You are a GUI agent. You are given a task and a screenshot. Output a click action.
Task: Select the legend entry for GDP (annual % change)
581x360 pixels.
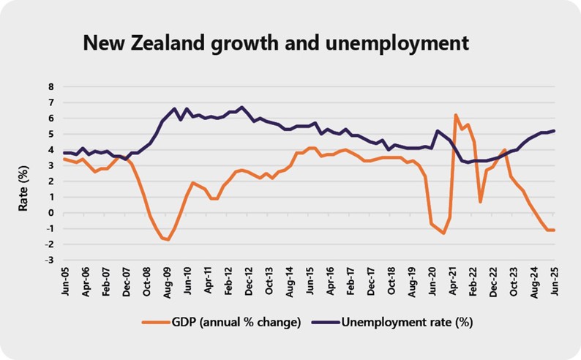233,321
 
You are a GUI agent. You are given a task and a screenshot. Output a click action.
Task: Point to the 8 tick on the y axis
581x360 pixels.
50,86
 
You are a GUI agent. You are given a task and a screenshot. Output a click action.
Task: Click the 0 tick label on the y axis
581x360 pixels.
50,213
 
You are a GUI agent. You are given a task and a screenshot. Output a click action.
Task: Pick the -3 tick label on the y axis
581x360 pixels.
49,260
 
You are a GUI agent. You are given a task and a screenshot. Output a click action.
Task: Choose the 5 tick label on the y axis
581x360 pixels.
50,134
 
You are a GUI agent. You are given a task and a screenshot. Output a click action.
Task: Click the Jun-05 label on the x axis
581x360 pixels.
67,281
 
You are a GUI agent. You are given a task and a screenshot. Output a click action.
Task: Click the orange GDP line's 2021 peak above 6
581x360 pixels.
456,115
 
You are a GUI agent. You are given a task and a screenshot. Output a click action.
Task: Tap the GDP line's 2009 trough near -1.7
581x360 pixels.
168,239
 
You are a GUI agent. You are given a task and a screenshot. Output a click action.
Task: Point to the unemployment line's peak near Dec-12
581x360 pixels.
243,107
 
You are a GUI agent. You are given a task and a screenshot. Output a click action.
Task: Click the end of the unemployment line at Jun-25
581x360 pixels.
552,131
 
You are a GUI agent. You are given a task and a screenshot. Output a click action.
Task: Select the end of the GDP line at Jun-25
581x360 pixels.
552,230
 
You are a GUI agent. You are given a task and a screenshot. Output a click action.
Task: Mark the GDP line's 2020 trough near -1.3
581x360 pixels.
443,233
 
